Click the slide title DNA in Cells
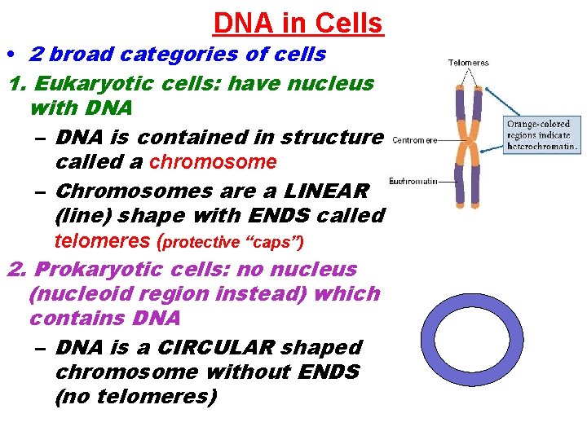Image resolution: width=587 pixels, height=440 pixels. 298,23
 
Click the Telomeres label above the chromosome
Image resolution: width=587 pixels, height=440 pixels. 469,63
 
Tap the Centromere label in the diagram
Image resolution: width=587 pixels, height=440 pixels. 414,140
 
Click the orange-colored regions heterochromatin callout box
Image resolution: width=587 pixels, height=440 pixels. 541,135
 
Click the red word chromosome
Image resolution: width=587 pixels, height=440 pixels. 213,162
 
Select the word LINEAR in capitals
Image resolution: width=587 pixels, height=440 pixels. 326,191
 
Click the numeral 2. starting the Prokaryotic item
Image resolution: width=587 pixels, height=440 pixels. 18,269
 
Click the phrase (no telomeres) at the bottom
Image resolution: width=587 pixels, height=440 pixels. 135,397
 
